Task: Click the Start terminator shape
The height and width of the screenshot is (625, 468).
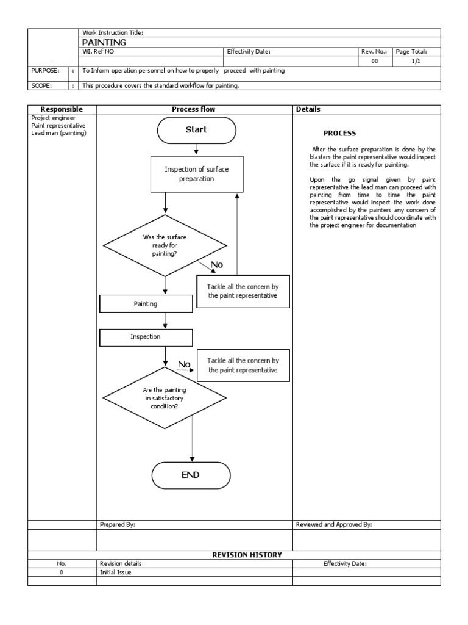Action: pyautogui.click(x=196, y=129)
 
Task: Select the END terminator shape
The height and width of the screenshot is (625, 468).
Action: pyautogui.click(x=191, y=475)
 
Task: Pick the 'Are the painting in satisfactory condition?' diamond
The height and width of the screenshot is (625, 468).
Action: pyautogui.click(x=165, y=398)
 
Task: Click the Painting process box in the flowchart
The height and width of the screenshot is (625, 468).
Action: pyautogui.click(x=146, y=303)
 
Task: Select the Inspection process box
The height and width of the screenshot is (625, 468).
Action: pyautogui.click(x=146, y=336)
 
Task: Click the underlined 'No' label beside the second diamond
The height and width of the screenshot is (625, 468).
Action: pyautogui.click(x=184, y=364)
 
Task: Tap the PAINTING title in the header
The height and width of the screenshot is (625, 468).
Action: pyautogui.click(x=104, y=43)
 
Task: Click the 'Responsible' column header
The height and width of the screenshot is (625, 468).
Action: pyautogui.click(x=61, y=109)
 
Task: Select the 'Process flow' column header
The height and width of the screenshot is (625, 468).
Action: pyautogui.click(x=194, y=109)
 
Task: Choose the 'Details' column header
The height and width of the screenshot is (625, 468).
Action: pyautogui.click(x=308, y=109)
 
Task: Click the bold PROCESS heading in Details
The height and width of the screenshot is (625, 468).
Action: pyautogui.click(x=339, y=133)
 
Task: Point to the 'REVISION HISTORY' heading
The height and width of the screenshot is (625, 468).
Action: pyautogui.click(x=246, y=555)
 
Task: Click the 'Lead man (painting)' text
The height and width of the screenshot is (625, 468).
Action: pyautogui.click(x=58, y=133)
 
